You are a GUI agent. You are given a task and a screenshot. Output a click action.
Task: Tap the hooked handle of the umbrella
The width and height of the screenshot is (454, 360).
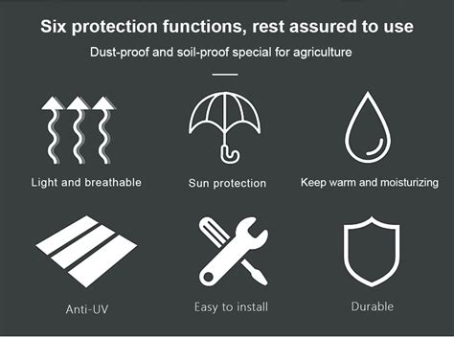click(x=230, y=152)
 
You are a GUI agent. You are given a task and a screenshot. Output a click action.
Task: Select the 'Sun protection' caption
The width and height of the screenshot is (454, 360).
click(x=227, y=183)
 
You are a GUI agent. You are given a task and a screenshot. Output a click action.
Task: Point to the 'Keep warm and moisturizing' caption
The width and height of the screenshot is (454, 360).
click(x=369, y=182)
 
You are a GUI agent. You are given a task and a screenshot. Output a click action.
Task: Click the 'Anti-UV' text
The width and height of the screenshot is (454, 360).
click(x=85, y=309)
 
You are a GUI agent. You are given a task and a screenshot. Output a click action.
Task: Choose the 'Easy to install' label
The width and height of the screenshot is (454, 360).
click(x=231, y=306)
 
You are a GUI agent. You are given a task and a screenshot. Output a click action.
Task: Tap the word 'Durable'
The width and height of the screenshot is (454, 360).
click(x=372, y=306)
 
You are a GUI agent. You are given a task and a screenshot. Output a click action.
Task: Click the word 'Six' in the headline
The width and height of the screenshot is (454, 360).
click(x=57, y=25)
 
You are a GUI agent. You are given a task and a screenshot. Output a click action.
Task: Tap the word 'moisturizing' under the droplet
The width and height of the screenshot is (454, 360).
click(x=404, y=182)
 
